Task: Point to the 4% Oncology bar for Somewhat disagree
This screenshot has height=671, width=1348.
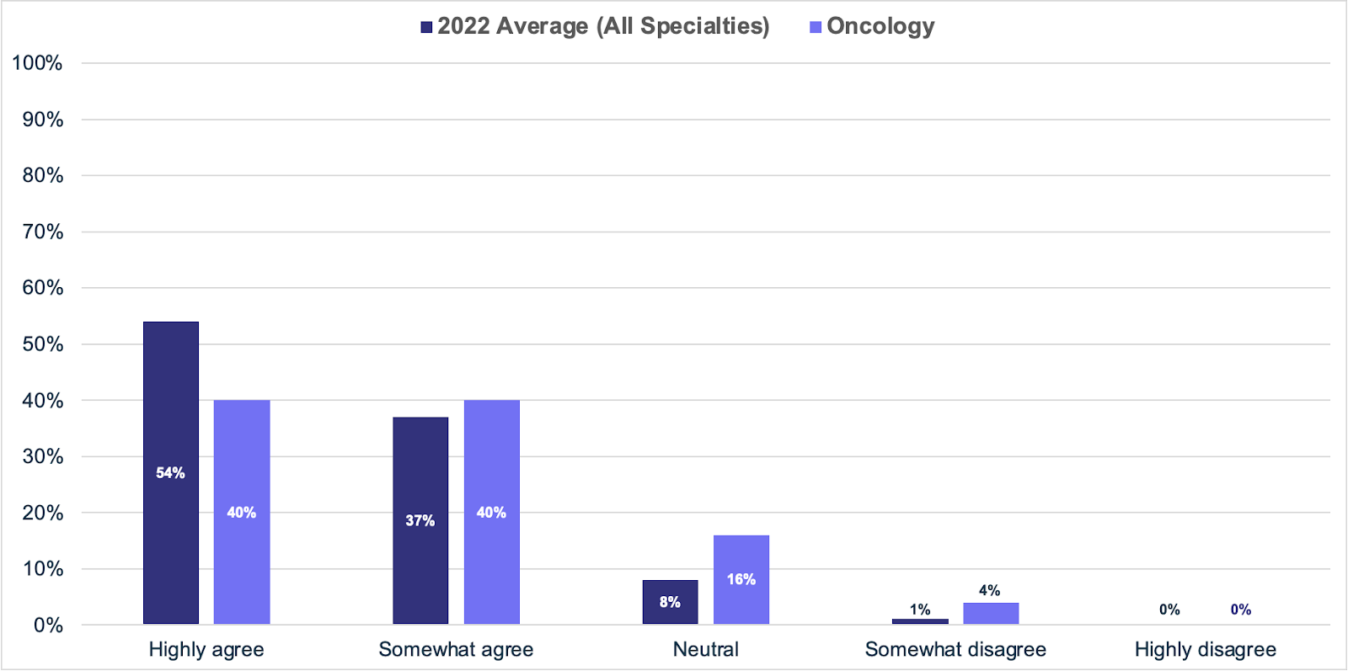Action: (991, 613)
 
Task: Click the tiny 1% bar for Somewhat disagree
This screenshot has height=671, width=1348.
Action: (920, 621)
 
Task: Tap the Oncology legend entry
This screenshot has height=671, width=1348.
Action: (872, 26)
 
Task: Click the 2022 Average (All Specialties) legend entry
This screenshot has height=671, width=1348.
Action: (595, 26)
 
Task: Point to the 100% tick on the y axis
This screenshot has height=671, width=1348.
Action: (37, 63)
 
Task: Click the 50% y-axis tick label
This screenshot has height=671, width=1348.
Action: (42, 344)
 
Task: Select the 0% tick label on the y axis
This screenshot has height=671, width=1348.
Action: (48, 626)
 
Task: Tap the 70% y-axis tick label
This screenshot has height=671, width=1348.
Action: (42, 232)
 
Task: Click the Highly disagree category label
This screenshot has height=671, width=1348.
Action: (1205, 650)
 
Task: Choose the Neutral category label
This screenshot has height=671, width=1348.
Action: (705, 650)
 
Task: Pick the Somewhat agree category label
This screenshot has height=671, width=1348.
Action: (456, 650)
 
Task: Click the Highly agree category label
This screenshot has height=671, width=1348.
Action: (206, 650)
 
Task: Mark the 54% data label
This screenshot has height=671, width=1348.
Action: (170, 473)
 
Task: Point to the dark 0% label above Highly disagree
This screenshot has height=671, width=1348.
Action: (1169, 610)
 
